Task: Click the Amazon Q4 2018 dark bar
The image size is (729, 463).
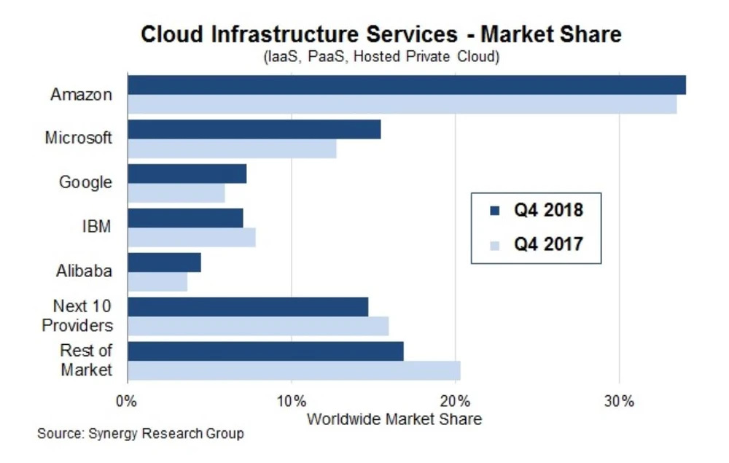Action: click(x=406, y=85)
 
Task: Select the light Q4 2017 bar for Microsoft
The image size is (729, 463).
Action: click(x=232, y=149)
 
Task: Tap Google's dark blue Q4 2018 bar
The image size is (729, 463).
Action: click(x=187, y=174)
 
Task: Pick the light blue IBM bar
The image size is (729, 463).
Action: click(x=191, y=238)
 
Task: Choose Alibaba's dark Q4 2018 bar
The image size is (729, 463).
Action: click(x=164, y=262)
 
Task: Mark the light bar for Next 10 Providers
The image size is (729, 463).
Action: click(x=258, y=326)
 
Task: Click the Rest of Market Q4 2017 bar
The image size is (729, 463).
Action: click(x=294, y=370)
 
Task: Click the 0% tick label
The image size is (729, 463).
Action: click(x=127, y=401)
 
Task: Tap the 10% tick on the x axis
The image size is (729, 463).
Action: click(x=291, y=401)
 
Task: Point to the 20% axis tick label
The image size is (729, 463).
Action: click(x=455, y=401)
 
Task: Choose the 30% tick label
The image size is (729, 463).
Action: click(x=619, y=401)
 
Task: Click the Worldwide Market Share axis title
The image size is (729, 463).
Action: click(x=394, y=419)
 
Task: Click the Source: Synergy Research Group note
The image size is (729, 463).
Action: click(x=141, y=434)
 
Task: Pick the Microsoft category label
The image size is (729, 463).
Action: click(x=79, y=137)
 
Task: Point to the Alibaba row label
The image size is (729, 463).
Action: click(x=85, y=271)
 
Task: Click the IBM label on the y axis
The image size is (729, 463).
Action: click(x=97, y=226)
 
